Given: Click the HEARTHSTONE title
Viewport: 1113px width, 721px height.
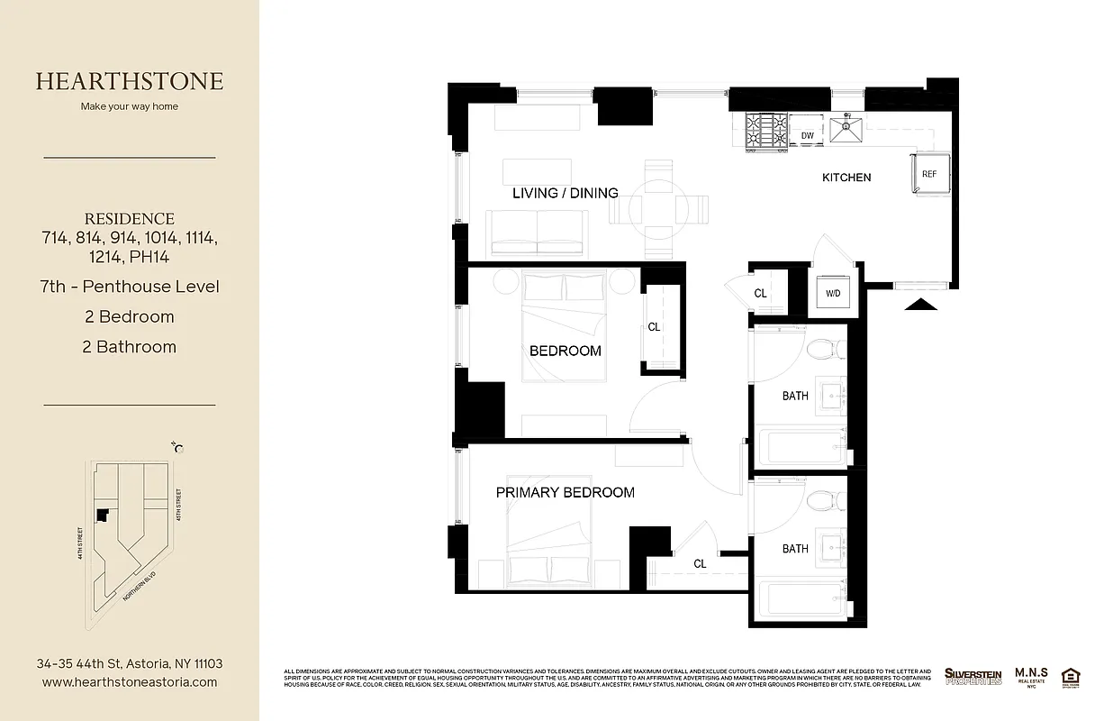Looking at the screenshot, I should [x=130, y=81].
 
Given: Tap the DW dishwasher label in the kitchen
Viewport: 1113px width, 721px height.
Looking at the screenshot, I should [x=808, y=136].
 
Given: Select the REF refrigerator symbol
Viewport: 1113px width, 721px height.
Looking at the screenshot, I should [x=928, y=174].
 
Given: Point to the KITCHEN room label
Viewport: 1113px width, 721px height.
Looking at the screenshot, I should [x=846, y=178].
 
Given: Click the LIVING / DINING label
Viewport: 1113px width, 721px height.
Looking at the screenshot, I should [x=566, y=193].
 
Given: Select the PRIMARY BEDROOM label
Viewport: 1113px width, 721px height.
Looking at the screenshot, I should [x=566, y=492].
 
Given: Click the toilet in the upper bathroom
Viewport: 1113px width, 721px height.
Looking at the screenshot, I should [x=824, y=347].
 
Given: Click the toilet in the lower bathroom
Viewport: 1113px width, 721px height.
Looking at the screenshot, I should [x=824, y=499].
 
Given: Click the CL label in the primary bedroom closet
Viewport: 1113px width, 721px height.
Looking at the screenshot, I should [x=700, y=563].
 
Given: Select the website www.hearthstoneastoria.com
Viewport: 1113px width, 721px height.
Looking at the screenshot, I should [x=130, y=682].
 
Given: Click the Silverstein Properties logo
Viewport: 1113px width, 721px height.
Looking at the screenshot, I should [x=973, y=676].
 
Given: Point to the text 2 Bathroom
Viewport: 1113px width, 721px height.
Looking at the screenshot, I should [x=130, y=347].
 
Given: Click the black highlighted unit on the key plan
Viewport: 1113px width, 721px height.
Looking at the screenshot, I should [x=103, y=515].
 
